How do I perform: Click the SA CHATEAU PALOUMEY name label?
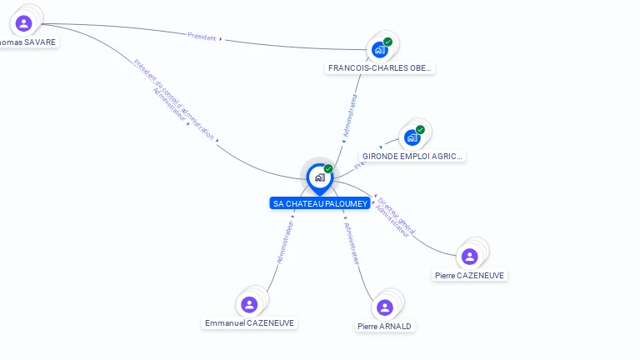point(320,203)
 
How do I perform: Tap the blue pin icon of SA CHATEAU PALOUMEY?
point(319,177)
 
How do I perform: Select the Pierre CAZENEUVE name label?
point(470,275)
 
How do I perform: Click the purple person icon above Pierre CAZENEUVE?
point(469,256)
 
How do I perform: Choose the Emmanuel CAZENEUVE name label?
point(249,322)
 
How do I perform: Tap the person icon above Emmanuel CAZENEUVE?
point(248,304)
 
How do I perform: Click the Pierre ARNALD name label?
point(384,326)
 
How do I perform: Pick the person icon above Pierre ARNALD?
point(384,307)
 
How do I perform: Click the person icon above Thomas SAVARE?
point(23,23)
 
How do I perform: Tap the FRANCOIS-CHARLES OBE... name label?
point(380,68)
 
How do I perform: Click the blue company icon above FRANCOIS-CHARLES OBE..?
point(380,49)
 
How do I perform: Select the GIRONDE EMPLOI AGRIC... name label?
point(412,156)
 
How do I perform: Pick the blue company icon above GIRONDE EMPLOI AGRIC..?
point(412,137)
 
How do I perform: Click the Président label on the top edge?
point(202,37)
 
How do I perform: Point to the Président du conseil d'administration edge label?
point(174,99)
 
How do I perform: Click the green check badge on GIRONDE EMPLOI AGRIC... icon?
point(420,130)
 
